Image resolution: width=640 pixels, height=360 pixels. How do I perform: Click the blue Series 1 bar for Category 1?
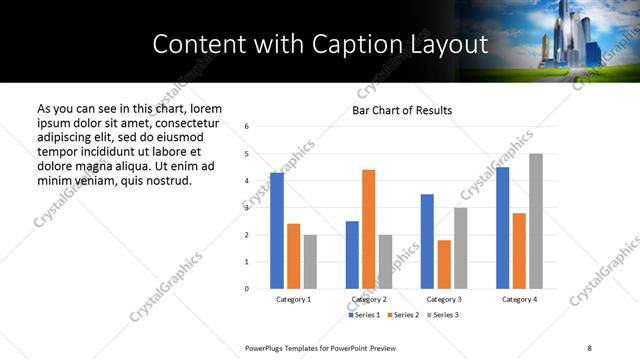pos(277,231)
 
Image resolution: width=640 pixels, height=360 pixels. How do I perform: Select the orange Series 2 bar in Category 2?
pos(368,229)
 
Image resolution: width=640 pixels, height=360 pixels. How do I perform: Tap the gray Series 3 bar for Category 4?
pos(536,221)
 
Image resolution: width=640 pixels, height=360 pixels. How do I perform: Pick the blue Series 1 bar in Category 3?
pos(427,241)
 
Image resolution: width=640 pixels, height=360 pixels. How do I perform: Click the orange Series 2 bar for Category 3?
pos(444,264)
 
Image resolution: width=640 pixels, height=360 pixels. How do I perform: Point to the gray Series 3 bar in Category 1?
pos(310,262)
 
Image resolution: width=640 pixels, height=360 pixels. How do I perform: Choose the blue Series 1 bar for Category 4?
pos(502,228)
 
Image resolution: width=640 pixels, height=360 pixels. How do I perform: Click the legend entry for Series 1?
pos(363,315)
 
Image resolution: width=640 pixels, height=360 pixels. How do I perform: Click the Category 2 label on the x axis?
pos(369,299)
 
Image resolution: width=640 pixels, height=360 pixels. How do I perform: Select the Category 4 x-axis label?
pos(519,299)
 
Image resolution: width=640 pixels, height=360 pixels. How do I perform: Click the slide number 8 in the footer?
pos(589,347)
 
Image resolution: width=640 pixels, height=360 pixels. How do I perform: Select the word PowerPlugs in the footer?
pos(267,347)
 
